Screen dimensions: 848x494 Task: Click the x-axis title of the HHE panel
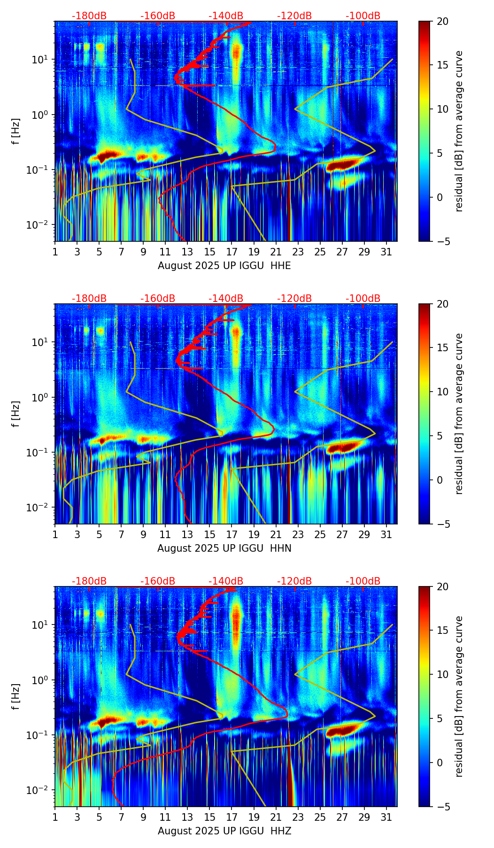(x=224, y=266)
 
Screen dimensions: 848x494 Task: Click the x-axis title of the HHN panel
(x=224, y=548)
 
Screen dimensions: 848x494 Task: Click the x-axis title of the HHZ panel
(x=224, y=831)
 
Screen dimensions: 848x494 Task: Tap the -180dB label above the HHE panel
(x=89, y=16)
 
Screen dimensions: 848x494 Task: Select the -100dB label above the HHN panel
(x=363, y=299)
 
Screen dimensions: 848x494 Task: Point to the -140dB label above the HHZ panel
(x=226, y=581)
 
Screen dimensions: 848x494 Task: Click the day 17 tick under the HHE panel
(x=232, y=252)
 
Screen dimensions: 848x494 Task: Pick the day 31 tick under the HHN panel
(x=386, y=534)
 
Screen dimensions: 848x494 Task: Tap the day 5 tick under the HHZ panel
(x=99, y=817)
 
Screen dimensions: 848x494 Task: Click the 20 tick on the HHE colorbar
(x=442, y=22)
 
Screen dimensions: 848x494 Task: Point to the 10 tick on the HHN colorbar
(x=442, y=392)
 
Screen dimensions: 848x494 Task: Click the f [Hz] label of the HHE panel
(x=16, y=131)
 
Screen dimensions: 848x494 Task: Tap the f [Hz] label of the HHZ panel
(x=16, y=697)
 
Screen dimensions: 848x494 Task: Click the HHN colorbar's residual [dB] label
(x=459, y=414)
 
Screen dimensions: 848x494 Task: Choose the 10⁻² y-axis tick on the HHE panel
(x=41, y=225)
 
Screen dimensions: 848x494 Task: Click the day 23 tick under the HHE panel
(x=298, y=252)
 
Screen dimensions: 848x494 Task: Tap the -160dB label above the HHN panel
(x=158, y=299)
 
